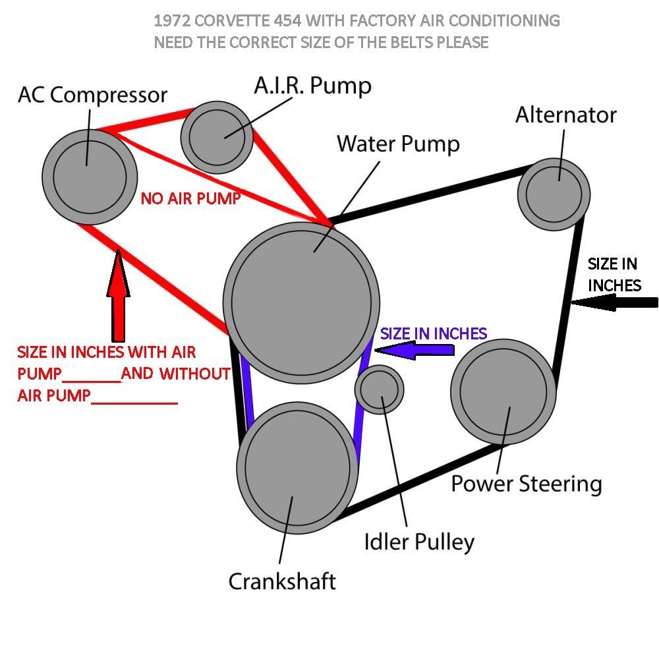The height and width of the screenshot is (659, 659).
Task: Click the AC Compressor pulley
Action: [89, 176]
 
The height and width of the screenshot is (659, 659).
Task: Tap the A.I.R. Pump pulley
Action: [217, 136]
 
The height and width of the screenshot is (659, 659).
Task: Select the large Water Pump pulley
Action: [301, 302]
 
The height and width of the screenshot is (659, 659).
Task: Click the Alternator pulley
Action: [554, 193]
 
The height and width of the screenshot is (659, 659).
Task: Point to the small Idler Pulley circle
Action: [379, 389]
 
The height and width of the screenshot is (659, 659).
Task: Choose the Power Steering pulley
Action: [502, 391]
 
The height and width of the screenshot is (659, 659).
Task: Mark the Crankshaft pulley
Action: [294, 467]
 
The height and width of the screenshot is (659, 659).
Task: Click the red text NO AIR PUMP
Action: [190, 198]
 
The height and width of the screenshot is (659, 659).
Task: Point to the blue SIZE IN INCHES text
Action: [434, 333]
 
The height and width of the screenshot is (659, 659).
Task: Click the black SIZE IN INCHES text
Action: [614, 275]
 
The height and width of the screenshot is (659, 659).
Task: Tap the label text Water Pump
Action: [398, 144]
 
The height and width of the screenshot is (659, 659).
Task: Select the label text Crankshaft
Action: [282, 581]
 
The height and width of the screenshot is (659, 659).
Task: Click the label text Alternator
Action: [565, 115]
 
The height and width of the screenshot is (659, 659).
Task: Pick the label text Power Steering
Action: [526, 484]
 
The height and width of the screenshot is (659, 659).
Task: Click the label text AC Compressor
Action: [92, 95]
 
